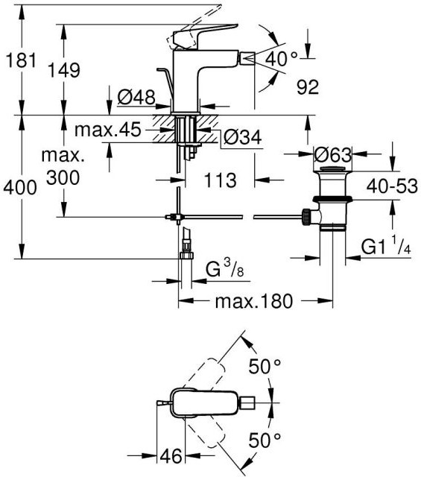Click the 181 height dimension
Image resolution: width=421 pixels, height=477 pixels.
(21, 60)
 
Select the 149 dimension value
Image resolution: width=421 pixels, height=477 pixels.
(65, 70)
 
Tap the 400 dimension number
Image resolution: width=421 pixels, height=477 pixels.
(20, 187)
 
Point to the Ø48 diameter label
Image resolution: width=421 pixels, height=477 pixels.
(136, 98)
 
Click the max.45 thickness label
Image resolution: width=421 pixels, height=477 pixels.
(108, 129)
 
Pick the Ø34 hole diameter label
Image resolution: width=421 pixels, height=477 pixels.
(242, 137)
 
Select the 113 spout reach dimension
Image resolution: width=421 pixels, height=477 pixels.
(221, 180)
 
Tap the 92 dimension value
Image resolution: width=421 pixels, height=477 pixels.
(308, 87)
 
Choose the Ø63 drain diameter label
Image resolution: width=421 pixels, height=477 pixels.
(332, 154)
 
